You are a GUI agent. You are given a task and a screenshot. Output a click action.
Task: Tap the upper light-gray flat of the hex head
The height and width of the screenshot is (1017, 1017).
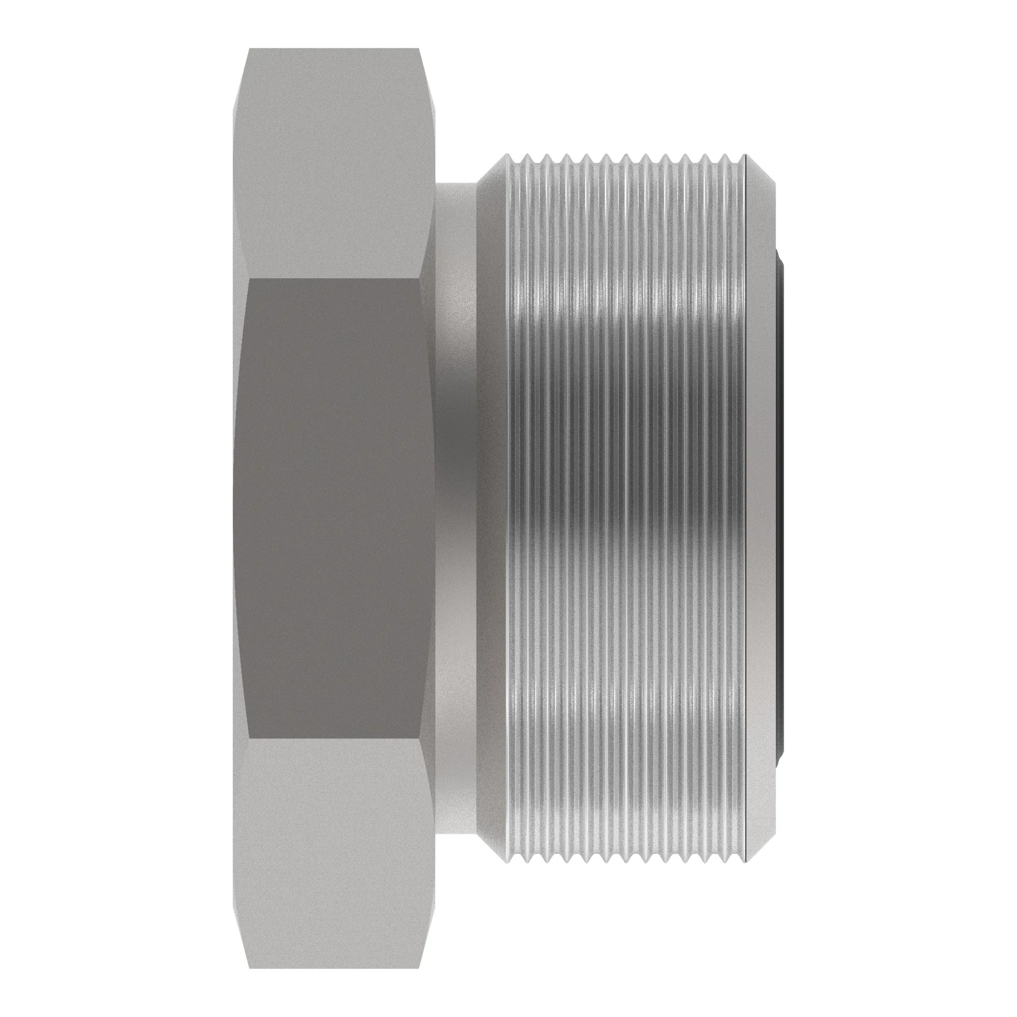334,163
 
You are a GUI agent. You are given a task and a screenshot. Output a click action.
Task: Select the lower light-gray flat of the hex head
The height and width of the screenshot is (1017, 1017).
334,853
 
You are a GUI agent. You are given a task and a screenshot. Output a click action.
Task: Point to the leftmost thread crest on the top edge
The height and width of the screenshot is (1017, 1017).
508,156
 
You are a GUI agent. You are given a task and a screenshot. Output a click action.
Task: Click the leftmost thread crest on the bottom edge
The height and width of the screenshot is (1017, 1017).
508,861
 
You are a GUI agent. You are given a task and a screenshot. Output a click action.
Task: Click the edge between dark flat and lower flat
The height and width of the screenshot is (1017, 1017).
334,737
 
